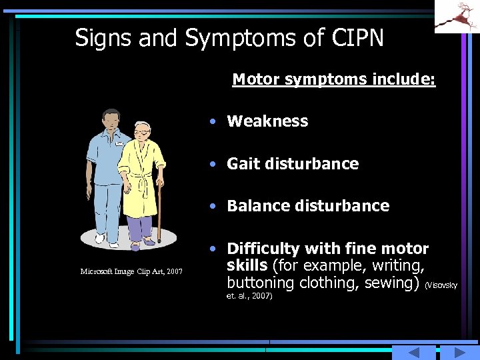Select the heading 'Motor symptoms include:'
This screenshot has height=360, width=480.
click(333, 80)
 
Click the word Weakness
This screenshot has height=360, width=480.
click(267, 121)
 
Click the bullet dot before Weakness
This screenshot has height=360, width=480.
click(211, 122)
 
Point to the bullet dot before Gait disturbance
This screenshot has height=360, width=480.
click(211, 164)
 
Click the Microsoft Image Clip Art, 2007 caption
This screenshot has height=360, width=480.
click(131, 271)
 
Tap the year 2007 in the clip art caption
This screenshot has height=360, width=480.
click(174, 271)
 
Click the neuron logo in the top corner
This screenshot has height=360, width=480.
click(457, 16)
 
